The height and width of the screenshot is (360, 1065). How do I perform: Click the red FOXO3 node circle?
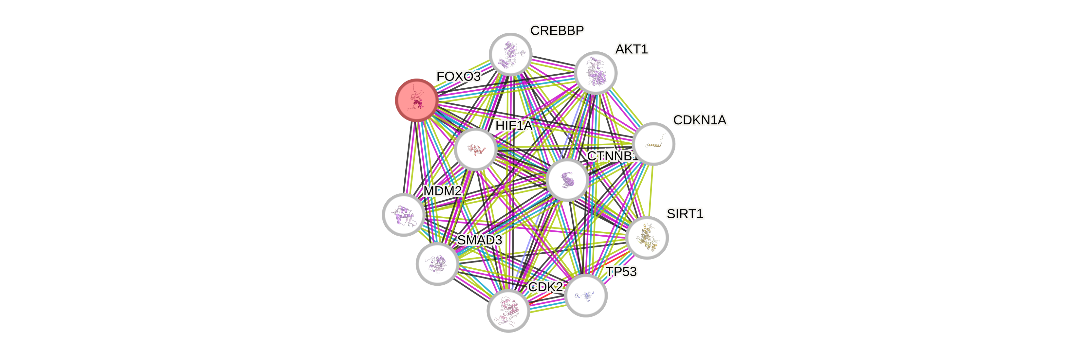tap(416, 100)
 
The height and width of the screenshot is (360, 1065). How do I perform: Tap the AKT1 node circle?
tap(595, 73)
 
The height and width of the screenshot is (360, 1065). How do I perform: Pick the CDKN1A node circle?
tap(654, 144)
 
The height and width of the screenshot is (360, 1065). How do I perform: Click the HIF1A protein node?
tap(475, 149)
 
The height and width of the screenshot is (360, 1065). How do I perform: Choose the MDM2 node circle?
tap(404, 214)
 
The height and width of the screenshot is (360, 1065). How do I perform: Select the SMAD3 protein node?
tap(437, 264)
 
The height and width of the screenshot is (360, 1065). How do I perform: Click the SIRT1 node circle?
tap(647, 238)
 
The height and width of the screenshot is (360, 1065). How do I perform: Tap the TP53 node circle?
tap(586, 296)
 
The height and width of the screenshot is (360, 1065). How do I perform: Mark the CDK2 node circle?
tap(508, 311)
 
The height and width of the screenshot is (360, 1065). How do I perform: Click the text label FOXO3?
tap(458, 77)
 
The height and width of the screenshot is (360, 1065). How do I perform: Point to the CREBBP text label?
tap(557, 30)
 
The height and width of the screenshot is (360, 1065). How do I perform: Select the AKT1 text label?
tap(631, 49)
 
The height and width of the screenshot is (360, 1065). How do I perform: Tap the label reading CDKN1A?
tap(700, 120)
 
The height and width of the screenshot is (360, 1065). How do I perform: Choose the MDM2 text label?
tap(442, 191)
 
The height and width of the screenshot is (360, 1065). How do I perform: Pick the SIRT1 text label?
tap(685, 214)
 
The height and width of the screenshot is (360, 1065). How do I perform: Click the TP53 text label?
tap(621, 272)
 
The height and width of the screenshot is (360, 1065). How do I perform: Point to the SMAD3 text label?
tap(480, 240)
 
